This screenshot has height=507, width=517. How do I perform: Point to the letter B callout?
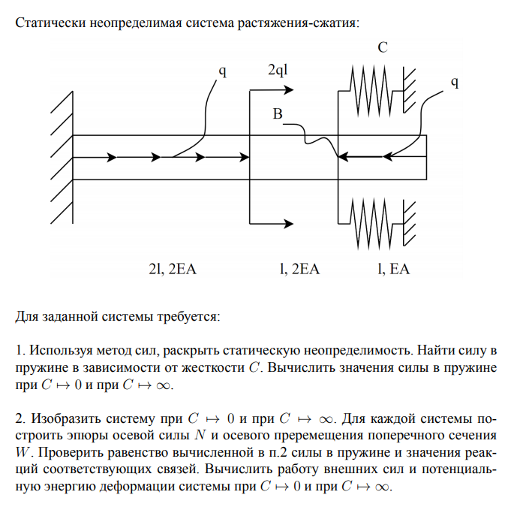[278, 114]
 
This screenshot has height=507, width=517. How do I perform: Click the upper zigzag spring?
[372, 90]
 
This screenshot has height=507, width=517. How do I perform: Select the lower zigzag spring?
[372, 222]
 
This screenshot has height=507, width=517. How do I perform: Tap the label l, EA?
[392, 269]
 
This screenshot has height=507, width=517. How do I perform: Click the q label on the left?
[222, 72]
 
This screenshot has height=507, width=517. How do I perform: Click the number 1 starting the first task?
[20, 350]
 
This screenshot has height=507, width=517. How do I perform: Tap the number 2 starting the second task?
[20, 417]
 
